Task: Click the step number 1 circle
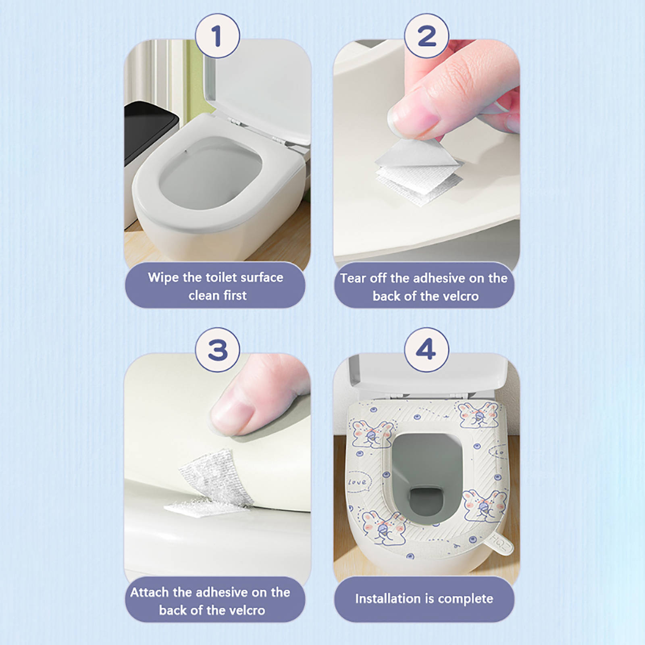tap(218, 36)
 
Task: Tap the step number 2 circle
tap(427, 36)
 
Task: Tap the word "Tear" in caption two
tap(353, 278)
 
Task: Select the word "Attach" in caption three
tap(150, 592)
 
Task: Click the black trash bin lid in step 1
tap(151, 117)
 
